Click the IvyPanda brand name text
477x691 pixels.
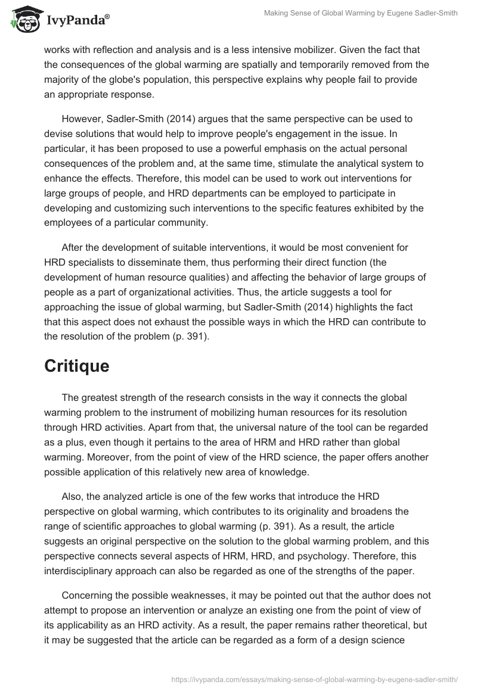tap(76, 21)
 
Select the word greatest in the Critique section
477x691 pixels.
tap(103, 397)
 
